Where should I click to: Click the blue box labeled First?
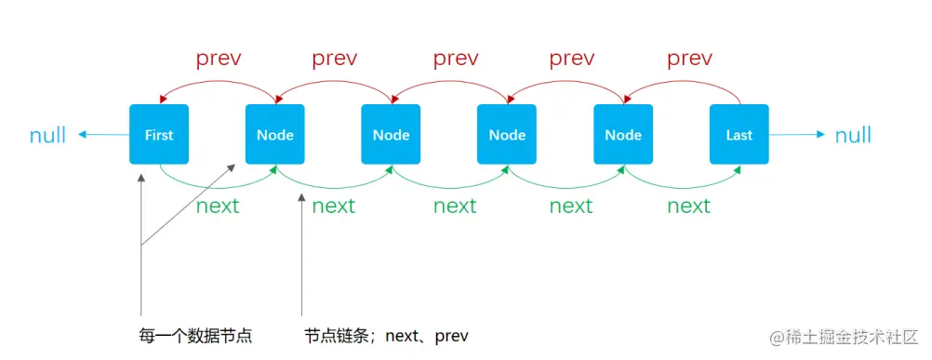tap(159, 135)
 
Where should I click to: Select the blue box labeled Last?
tap(739, 135)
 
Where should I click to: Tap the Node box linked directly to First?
tap(275, 135)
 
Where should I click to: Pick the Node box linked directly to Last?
tap(623, 135)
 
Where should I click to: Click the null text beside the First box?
tap(47, 136)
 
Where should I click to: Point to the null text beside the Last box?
tap(852, 136)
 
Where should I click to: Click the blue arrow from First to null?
tap(102, 135)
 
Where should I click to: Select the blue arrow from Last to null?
tap(797, 135)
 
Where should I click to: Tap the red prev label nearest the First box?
tap(219, 59)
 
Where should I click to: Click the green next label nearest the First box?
tap(218, 206)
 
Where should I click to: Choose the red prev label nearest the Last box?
tap(689, 59)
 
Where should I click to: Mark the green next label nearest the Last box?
tap(688, 206)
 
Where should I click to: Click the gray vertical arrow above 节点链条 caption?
tap(301, 260)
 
